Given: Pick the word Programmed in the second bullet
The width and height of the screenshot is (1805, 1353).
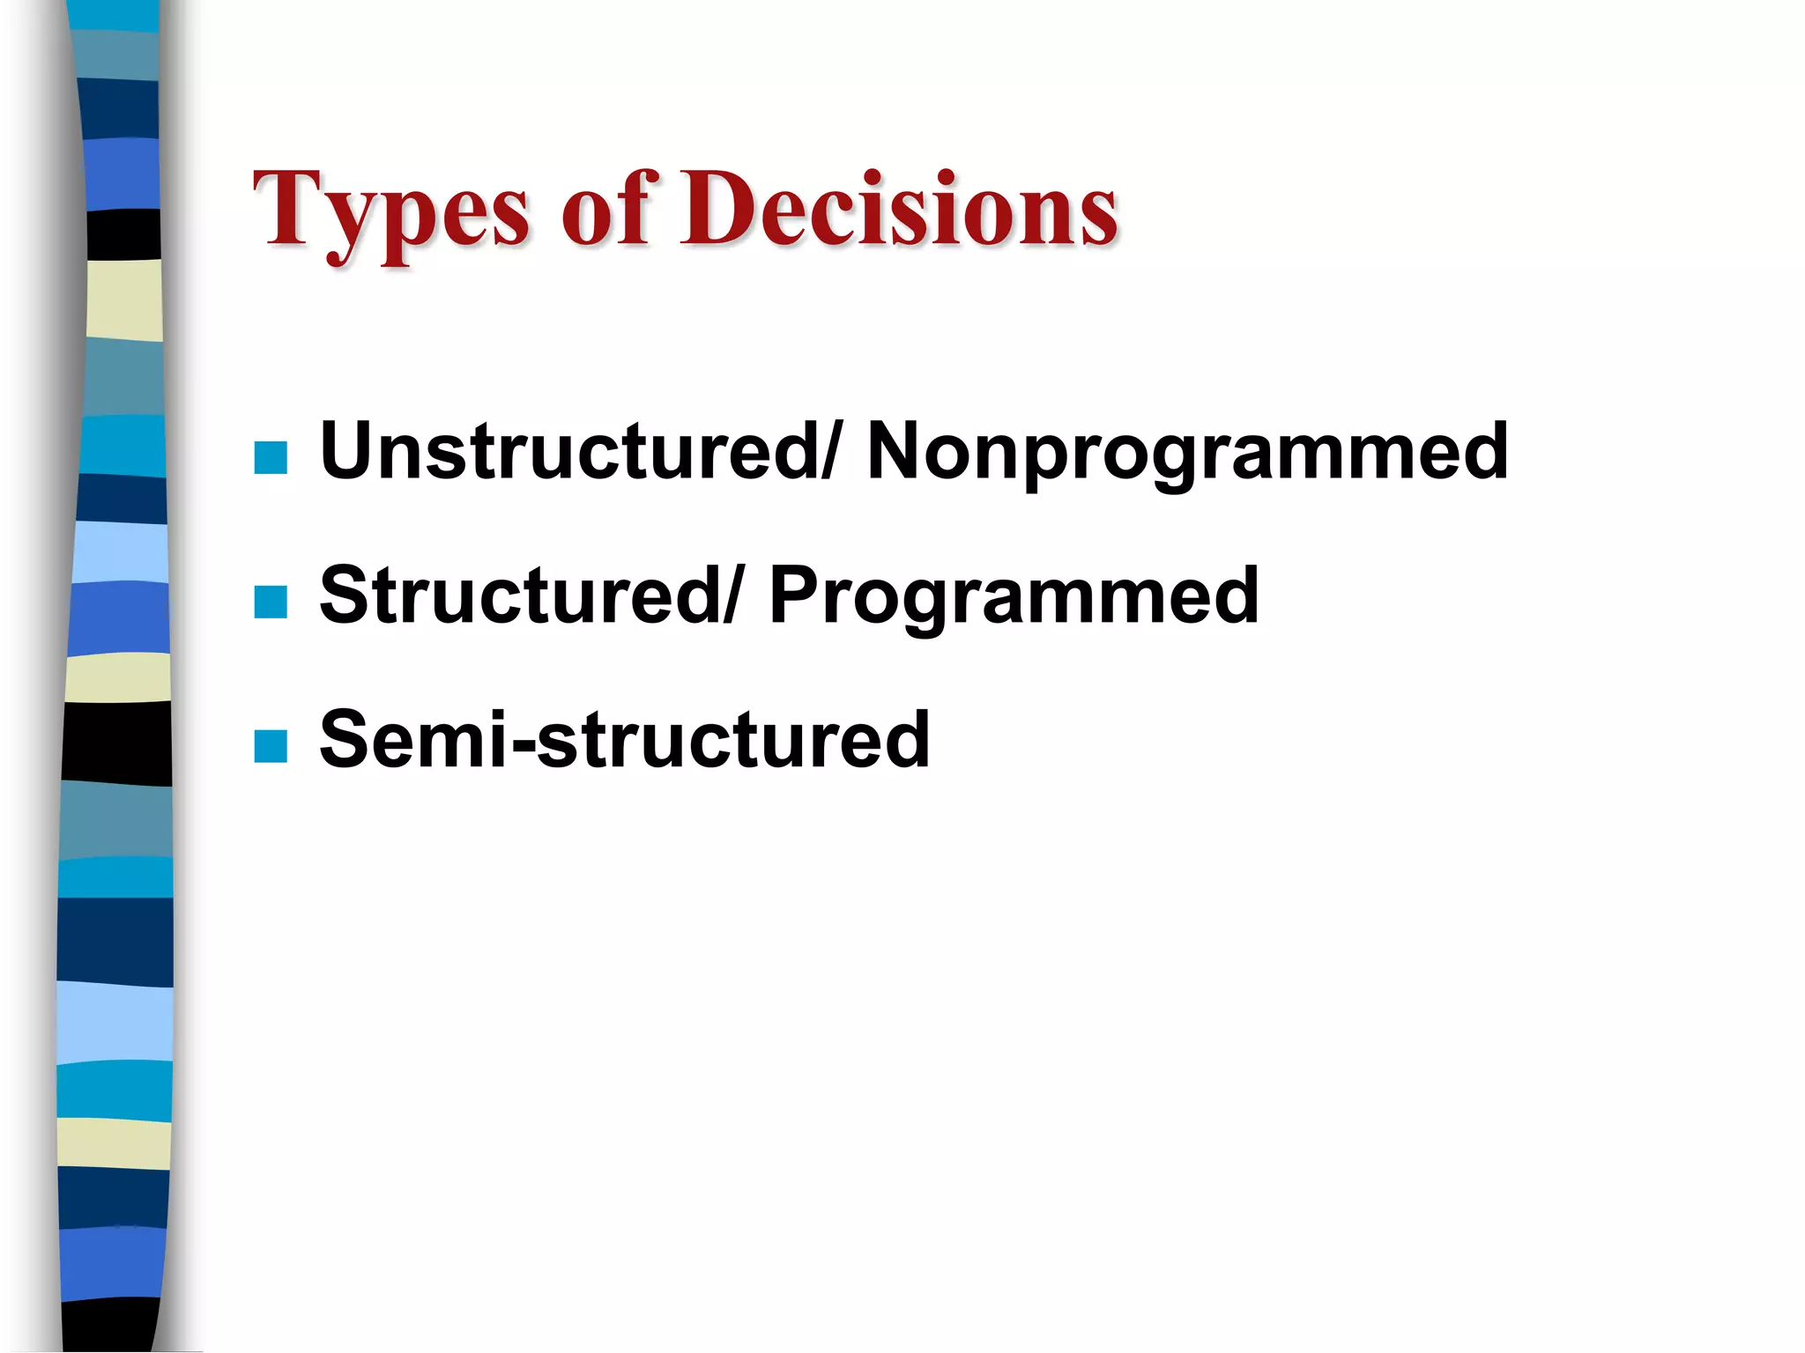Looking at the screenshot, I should [1014, 596].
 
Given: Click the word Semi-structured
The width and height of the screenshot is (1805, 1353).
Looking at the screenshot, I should [624, 740].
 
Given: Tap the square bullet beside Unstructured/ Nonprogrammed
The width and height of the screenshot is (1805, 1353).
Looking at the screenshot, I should [271, 458].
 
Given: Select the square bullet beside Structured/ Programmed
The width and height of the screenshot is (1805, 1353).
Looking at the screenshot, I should [271, 603].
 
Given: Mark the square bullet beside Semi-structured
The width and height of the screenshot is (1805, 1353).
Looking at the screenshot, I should [271, 746].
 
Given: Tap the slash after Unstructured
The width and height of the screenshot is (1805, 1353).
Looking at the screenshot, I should [829, 451].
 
